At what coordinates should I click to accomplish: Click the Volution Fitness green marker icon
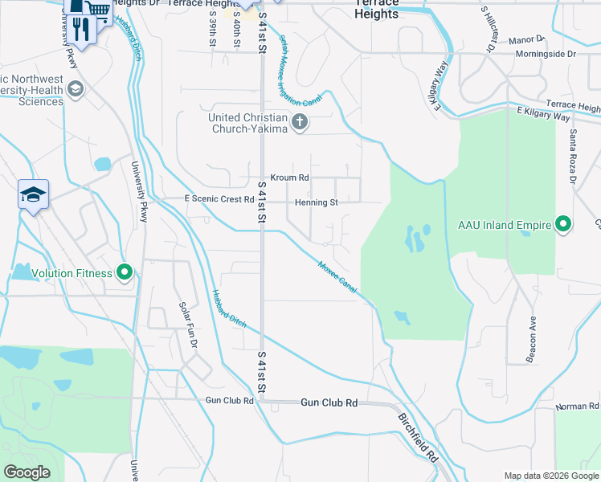(125, 273)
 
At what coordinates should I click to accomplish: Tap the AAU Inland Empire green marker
(563, 224)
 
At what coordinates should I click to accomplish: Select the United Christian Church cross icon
(299, 123)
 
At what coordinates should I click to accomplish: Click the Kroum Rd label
(289, 178)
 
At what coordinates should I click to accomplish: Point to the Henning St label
(316, 202)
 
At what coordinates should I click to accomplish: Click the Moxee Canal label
(337, 276)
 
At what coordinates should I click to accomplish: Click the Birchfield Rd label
(418, 437)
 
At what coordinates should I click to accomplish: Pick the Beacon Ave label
(532, 340)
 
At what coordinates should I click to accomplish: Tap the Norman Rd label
(577, 406)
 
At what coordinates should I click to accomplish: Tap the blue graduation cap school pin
(34, 194)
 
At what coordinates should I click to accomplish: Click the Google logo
(27, 472)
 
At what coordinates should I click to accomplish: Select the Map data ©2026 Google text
(550, 476)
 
